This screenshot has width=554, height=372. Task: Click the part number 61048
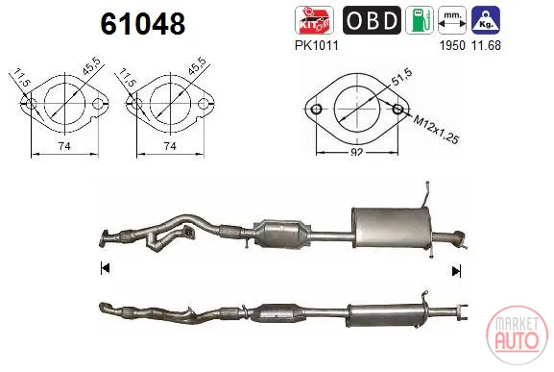point(143,24)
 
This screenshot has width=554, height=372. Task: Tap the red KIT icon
point(314,20)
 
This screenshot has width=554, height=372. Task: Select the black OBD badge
point(372,20)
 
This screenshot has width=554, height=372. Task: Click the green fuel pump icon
point(420,20)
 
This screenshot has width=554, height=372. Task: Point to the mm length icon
point(452,20)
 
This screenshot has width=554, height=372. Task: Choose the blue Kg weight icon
point(486,20)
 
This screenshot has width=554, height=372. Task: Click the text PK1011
point(317,45)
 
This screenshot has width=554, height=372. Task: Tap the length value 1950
point(452,45)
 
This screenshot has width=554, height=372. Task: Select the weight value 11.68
point(486,45)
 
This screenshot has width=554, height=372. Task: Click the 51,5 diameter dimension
point(401,78)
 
